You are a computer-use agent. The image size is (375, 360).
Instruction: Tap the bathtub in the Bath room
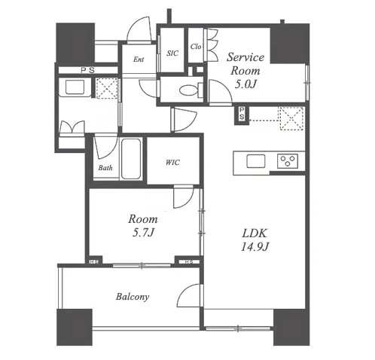pos(130,159)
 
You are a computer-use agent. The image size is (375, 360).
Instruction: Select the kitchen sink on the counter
pos(256,161)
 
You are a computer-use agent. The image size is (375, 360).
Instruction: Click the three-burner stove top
pos(288,161)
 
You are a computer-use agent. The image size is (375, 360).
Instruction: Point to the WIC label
pos(172,163)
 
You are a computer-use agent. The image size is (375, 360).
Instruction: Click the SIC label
pos(172,53)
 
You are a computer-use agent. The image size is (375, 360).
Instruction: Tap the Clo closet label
pos(196,47)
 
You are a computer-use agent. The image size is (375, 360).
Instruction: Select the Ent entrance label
pos(139,59)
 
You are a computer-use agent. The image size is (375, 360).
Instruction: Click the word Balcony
pos(133,297)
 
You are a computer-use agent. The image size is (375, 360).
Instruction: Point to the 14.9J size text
pos(255,247)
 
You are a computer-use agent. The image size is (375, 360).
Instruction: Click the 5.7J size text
pos(143,233)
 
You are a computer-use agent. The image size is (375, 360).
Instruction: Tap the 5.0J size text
pos(245,84)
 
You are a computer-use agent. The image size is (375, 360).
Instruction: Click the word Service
pos(245,57)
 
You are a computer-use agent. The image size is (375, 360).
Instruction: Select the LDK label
pos(255,233)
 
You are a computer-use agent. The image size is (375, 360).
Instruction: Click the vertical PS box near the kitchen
pos(242,115)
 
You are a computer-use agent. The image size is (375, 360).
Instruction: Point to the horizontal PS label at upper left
pos(88,70)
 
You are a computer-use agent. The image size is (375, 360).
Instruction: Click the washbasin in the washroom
pos(75,87)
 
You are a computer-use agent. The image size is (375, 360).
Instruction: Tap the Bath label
pos(105,168)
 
